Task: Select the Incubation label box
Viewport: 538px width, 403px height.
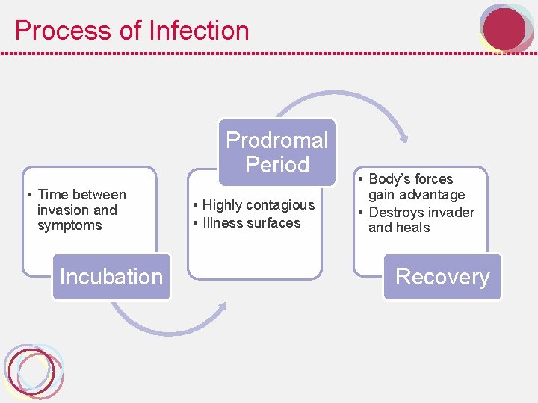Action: click(x=111, y=277)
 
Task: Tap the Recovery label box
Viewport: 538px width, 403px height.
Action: click(x=442, y=277)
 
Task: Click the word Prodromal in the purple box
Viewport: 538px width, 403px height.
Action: click(x=276, y=140)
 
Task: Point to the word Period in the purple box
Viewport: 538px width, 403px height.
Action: click(x=276, y=164)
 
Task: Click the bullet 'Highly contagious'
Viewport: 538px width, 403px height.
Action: click(x=258, y=205)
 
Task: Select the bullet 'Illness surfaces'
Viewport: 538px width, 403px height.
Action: click(x=251, y=223)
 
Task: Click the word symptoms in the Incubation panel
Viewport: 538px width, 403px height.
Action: click(x=69, y=225)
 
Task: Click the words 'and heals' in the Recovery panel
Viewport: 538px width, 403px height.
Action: click(x=399, y=228)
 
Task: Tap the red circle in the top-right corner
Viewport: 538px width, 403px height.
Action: click(x=504, y=28)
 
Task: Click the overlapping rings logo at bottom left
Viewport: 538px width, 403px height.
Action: click(x=33, y=371)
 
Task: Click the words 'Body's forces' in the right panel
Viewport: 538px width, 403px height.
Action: click(x=411, y=179)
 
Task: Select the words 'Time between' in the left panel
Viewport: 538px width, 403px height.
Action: click(x=81, y=195)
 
